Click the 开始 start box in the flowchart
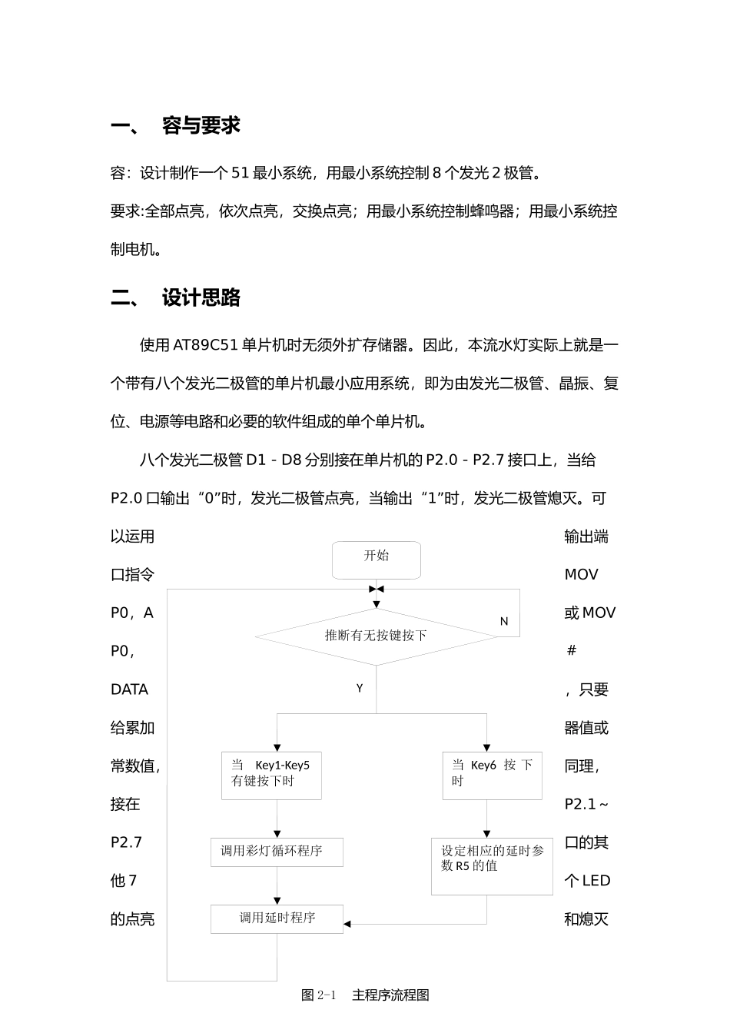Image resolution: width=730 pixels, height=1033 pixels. pos(376,559)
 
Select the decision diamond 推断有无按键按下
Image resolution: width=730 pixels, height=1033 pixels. pos(376,636)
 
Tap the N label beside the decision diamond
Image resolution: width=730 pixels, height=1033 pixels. pos(504,621)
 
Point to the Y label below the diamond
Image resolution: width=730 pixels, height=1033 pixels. pos(360,688)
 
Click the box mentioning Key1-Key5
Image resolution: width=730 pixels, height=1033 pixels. pos(271,774)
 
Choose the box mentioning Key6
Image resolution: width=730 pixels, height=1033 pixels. pos(492,774)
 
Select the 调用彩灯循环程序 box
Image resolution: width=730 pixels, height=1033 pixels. pos(277,852)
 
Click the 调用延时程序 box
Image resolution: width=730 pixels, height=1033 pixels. pos(277,918)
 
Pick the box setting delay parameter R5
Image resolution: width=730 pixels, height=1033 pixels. pos(492,866)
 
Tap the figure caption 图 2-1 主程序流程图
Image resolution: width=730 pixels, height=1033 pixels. pos(366,995)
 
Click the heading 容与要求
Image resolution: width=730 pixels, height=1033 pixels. pos(201,126)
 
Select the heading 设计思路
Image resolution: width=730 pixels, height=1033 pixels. pos(201,298)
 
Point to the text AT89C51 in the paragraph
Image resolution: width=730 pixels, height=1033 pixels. pos(205,345)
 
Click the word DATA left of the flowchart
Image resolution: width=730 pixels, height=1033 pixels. pos(130,689)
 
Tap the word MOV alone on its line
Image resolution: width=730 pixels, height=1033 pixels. pos(581,575)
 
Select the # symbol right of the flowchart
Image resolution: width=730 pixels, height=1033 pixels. pos(571,651)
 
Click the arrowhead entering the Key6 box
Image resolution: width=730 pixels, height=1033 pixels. pos(486,747)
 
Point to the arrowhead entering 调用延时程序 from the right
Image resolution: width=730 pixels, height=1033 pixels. pos(347,924)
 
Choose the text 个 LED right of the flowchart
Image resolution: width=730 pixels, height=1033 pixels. pos(587,881)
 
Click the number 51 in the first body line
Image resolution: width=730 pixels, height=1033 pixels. pos(241,173)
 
